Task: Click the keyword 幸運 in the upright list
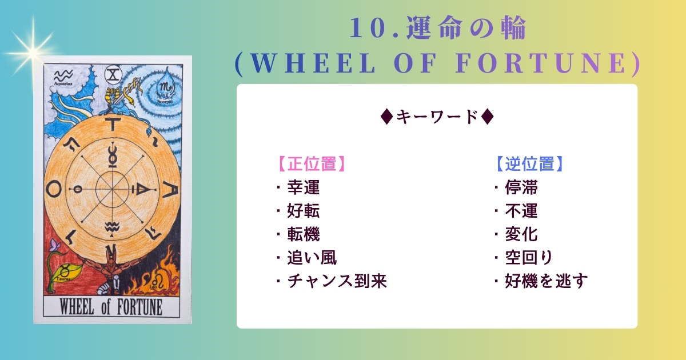click(x=304, y=187)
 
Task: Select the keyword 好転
click(x=304, y=211)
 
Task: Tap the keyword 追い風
click(x=312, y=258)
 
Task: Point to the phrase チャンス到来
click(x=337, y=281)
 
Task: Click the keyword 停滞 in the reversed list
click(x=521, y=187)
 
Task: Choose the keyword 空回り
click(x=529, y=258)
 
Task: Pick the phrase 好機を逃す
click(x=547, y=281)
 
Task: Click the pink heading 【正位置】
click(x=312, y=164)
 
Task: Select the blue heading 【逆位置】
click(x=530, y=164)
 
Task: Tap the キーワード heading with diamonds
click(x=437, y=117)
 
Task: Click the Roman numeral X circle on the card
click(x=113, y=75)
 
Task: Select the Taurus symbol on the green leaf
click(x=66, y=272)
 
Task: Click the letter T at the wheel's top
click(x=113, y=125)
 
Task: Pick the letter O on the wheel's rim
click(x=54, y=189)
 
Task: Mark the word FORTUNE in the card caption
click(x=139, y=307)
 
